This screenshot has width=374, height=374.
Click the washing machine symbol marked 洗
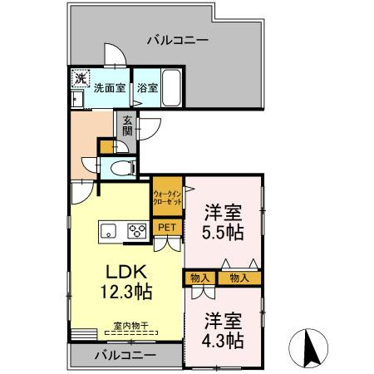pyautogui.click(x=81, y=79)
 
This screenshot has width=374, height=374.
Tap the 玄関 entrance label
pyautogui.click(x=128, y=125)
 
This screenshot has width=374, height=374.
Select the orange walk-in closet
pyautogui.click(x=167, y=197)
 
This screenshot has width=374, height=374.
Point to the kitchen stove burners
pyautogui.click(x=136, y=231)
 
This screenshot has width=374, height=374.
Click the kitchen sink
pyautogui.click(x=109, y=231)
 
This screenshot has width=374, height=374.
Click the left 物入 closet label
pyautogui.click(x=199, y=278)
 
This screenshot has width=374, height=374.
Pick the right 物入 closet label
pyautogui.click(x=239, y=278)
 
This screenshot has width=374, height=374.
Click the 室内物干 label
pyautogui.click(x=131, y=327)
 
